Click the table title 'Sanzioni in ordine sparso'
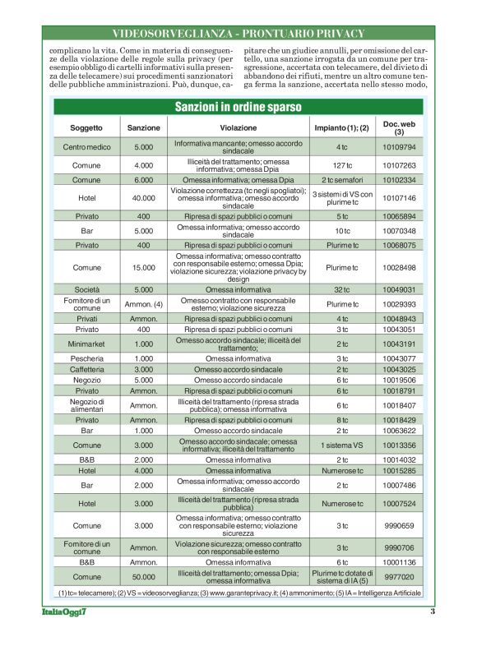[x=238, y=107]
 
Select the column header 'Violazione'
[x=238, y=128]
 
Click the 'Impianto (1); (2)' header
[x=341, y=128]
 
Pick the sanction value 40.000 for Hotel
[x=143, y=198]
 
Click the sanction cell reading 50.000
[x=143, y=577]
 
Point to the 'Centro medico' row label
[x=86, y=147]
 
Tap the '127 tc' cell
[x=342, y=165]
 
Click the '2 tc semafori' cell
[x=342, y=179]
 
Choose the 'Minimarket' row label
[x=86, y=344]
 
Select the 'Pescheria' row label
[x=86, y=358]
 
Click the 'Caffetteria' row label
[x=86, y=369]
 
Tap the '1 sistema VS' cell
[x=342, y=445]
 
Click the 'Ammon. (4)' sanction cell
[x=143, y=304]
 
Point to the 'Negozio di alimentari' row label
[x=86, y=405]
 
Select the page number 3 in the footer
[x=433, y=611]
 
